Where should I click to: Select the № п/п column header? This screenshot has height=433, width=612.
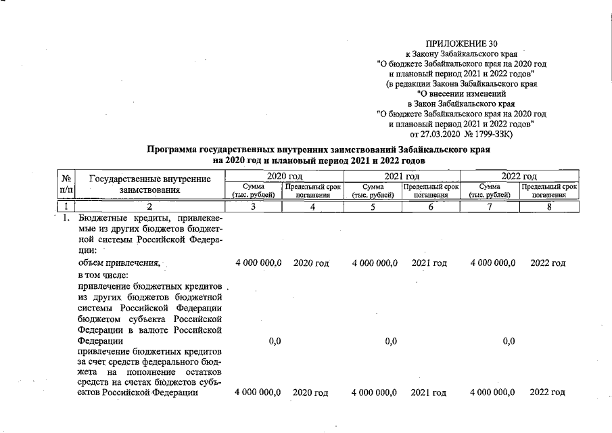[x=67, y=185]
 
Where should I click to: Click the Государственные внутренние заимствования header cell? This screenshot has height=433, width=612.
[x=149, y=185]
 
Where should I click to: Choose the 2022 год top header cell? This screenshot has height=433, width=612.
[x=519, y=176]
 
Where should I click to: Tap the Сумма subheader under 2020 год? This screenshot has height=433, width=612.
[x=254, y=190]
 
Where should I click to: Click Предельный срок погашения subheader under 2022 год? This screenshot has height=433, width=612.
[x=548, y=190]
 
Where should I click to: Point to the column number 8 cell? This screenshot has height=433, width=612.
[x=548, y=207]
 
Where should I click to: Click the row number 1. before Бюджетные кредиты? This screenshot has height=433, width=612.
[x=67, y=219]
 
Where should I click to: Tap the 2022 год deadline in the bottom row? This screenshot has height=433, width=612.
[x=548, y=392]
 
